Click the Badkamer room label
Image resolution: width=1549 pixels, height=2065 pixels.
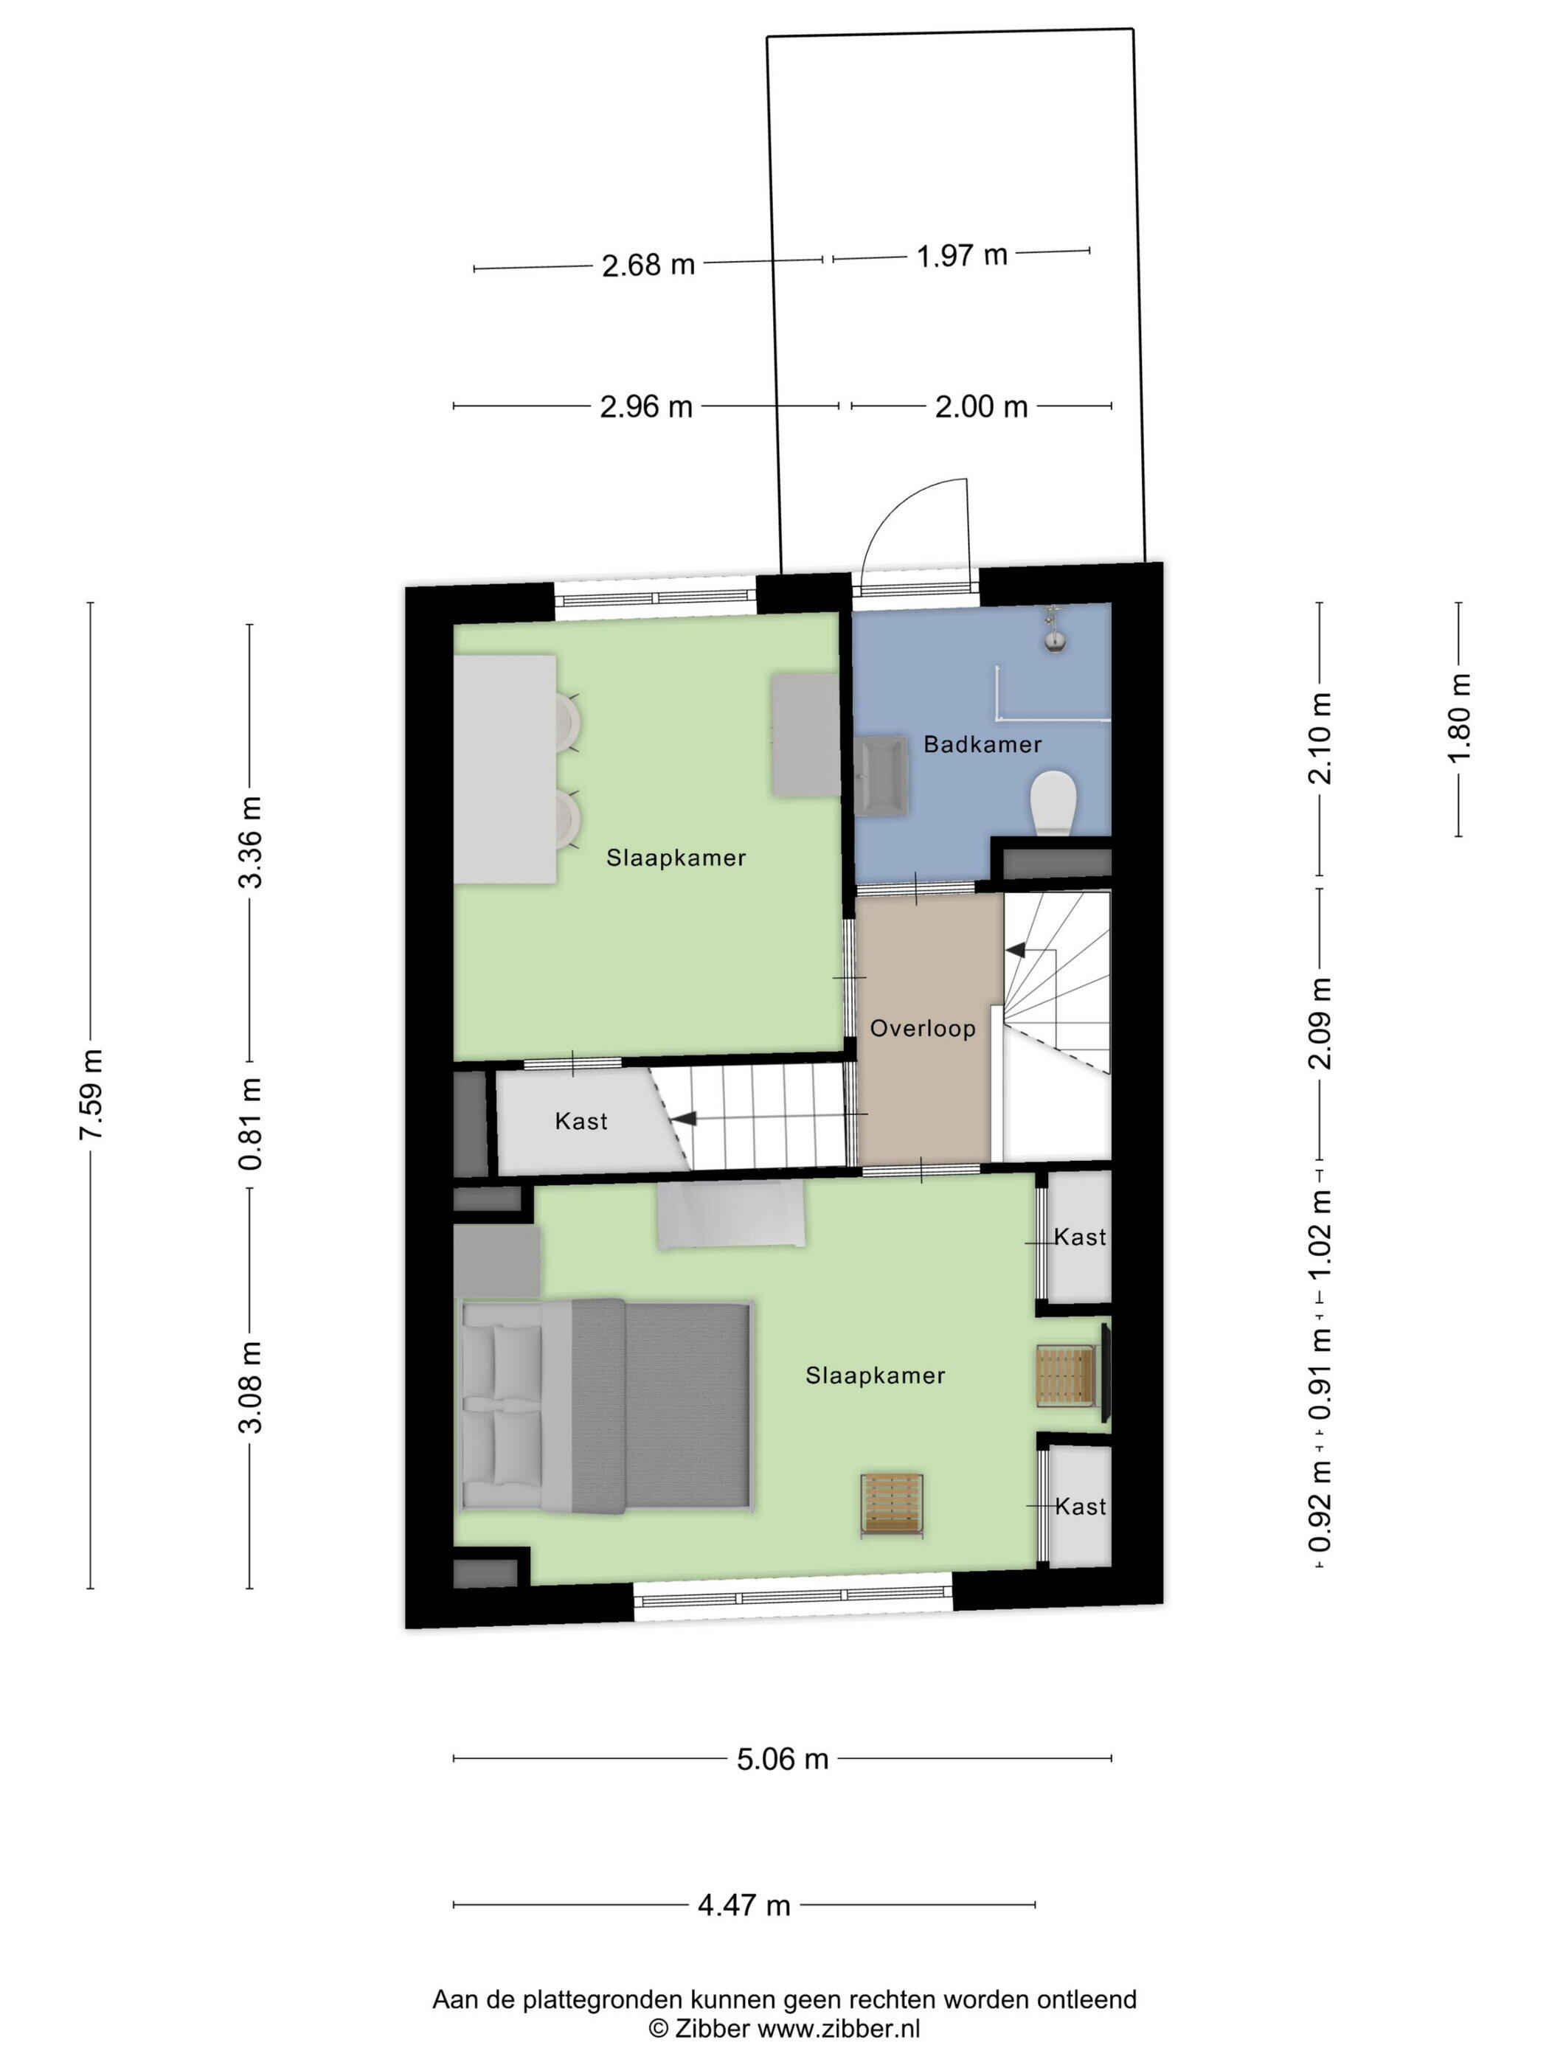pyautogui.click(x=983, y=744)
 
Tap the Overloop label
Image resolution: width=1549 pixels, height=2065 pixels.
pyautogui.click(x=923, y=1028)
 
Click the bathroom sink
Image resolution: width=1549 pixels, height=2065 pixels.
pyautogui.click(x=881, y=774)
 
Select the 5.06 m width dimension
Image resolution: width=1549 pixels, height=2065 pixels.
pyautogui.click(x=783, y=1760)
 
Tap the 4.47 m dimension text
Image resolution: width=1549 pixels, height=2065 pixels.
pyautogui.click(x=744, y=1906)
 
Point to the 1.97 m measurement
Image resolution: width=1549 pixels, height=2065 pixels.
pyautogui.click(x=962, y=255)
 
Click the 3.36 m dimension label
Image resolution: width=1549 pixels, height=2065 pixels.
pyautogui.click(x=250, y=843)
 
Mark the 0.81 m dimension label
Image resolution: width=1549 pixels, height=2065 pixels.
pyautogui.click(x=250, y=1124)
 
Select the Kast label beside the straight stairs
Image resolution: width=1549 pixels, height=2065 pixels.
pyautogui.click(x=581, y=1120)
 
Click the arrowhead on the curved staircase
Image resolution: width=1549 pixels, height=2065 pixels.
pyautogui.click(x=1014, y=949)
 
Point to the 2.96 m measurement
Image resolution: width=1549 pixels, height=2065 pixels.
pyautogui.click(x=646, y=407)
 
